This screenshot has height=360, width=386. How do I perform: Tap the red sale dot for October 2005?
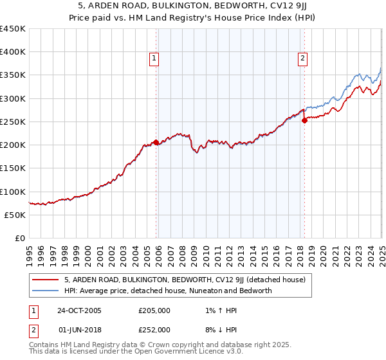point(156,143)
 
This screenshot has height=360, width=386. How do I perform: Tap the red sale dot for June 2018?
point(305,121)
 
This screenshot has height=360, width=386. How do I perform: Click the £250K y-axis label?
point(13,122)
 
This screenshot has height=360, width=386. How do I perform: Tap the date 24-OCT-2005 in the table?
point(80,310)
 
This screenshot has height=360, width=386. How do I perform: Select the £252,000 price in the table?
point(154,329)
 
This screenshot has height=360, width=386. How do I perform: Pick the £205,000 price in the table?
point(154,310)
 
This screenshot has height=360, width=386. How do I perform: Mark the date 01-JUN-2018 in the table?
point(80,329)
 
